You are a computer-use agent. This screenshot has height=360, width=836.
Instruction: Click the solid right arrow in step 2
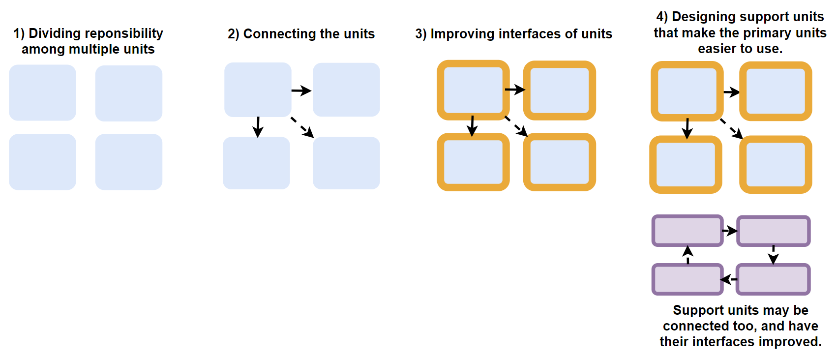[301, 90]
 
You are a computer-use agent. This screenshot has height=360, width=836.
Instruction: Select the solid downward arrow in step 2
[258, 127]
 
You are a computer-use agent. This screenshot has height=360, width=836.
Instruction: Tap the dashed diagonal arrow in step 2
[302, 127]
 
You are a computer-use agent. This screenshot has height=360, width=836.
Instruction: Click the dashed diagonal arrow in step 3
[516, 126]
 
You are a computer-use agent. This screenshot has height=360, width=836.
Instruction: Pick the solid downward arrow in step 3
[472, 126]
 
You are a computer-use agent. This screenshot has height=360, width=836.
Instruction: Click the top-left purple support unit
[687, 231]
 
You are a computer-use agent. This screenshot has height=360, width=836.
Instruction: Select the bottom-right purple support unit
[773, 279]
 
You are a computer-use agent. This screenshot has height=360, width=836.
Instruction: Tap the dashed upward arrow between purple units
[688, 255]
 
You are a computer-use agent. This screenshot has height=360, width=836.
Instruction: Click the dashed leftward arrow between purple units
[729, 279]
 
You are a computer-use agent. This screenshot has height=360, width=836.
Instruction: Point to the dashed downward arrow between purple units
[773, 255]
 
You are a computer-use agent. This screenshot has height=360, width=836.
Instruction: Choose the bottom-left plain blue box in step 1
[42, 162]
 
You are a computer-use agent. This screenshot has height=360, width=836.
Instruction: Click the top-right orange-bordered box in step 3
[559, 90]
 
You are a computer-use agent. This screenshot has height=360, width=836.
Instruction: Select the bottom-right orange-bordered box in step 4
[776, 165]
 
